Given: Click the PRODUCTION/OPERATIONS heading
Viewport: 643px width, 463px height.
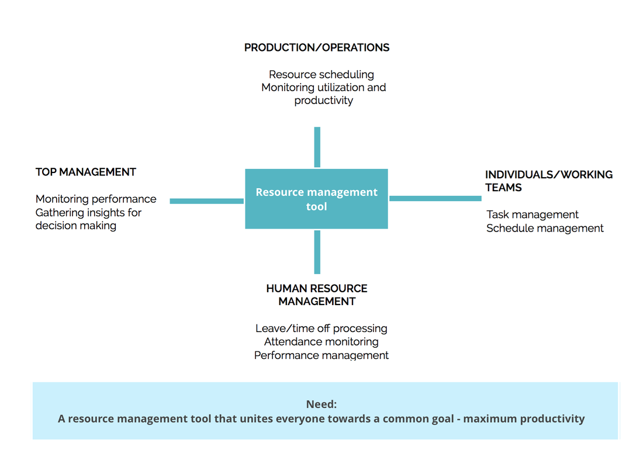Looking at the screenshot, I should point(317,48).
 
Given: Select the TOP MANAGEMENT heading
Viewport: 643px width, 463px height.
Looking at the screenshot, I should point(86,172).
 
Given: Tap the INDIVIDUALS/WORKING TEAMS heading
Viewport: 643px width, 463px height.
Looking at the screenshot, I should point(548,181).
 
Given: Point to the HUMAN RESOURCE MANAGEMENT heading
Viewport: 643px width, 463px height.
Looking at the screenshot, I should point(317,295).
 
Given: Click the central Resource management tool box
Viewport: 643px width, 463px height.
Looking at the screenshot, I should point(316,199).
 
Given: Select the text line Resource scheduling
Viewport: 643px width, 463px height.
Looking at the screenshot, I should point(321,74).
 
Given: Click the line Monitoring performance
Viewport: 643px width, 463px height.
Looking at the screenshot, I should point(96,199).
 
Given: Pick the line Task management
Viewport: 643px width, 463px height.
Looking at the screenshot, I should point(533,215).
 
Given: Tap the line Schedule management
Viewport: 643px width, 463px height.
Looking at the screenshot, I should point(545,228).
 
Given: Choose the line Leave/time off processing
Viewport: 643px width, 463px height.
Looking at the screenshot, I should point(321,329).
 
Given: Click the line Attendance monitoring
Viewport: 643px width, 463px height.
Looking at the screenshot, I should point(321,341).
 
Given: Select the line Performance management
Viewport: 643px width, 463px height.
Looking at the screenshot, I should point(321,355).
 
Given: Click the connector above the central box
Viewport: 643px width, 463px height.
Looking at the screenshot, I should point(317,147).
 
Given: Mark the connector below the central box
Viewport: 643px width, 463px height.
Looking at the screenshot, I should point(317,252).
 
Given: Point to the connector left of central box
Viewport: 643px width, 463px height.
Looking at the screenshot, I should point(206,201).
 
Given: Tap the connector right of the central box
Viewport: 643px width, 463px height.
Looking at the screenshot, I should point(435,198).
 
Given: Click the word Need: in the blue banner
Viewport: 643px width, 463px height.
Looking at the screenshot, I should point(321,404).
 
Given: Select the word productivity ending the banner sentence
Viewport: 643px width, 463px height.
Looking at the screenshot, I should point(552,419).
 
